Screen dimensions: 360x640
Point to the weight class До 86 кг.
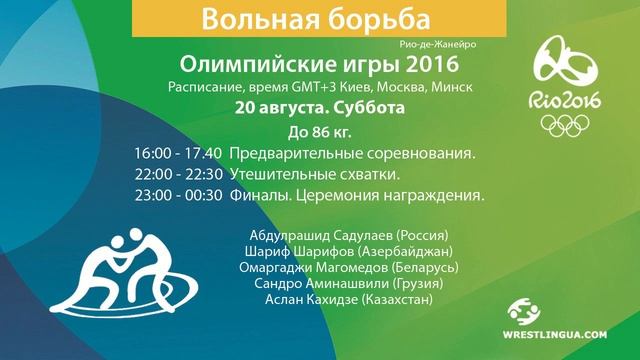320,132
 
